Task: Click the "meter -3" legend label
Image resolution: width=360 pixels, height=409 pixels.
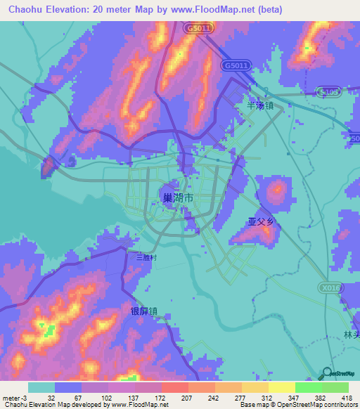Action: point(14,398)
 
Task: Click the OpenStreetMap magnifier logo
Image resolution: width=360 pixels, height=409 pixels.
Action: point(328,373)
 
